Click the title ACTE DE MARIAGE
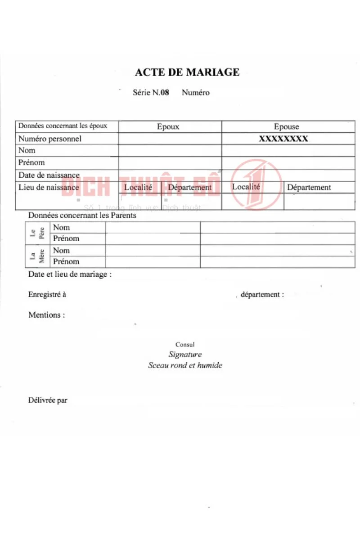coord(187,72)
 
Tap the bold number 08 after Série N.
coord(165,93)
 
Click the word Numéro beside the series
coord(196,93)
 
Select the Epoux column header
coord(168,127)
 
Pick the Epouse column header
coord(286,127)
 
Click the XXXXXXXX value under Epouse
coord(283,139)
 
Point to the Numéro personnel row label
coord(50,139)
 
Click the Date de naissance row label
coord(49,175)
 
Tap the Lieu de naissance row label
coord(49,187)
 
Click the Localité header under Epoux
coord(138,187)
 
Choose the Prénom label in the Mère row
coord(66,261)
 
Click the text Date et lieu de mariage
coord(70,274)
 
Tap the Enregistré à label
coord(47,295)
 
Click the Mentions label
coord(46,315)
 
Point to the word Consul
coord(185,345)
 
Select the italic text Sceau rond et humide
coord(185,365)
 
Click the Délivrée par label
coord(48,400)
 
